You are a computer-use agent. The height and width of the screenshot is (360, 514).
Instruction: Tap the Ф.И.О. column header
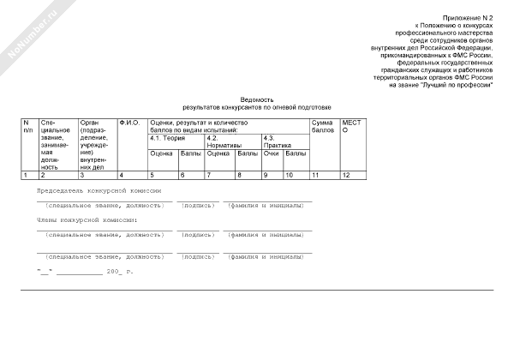click(128, 123)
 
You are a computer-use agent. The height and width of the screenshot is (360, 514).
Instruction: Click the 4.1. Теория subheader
click(168, 137)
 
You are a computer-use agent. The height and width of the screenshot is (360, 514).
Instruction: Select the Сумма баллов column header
click(324, 127)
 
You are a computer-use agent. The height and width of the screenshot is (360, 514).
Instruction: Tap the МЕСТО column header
click(351, 127)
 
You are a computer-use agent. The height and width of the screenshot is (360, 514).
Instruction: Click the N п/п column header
click(28, 127)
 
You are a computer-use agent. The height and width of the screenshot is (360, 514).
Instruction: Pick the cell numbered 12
click(346, 175)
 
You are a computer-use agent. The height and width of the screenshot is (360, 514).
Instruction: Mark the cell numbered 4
click(121, 175)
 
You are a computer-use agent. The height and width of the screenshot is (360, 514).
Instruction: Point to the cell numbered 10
click(290, 175)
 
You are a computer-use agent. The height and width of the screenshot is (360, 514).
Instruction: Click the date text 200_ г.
click(120, 272)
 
